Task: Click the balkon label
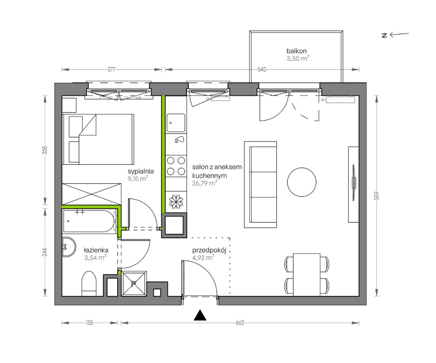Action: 296,51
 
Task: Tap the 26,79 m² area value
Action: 205,183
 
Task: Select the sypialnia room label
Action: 141,171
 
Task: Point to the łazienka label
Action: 96,250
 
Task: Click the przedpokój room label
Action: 209,250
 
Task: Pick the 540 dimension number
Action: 262,70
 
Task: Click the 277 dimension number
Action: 112,70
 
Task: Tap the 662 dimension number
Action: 240,323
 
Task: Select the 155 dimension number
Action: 89,323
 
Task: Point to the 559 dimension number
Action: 377,196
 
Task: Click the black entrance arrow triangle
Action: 200,315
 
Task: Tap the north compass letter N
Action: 385,35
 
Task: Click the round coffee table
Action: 302,182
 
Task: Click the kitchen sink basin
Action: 176,123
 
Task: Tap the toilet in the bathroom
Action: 89,283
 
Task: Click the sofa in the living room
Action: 260,185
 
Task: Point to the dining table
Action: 307,275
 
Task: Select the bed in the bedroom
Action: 98,139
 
